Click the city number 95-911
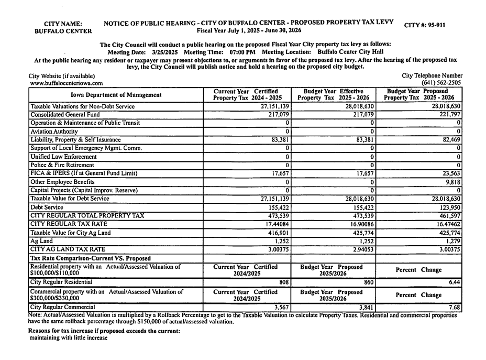point(434,25)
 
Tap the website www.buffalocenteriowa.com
point(66,83)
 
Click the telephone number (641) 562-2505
point(441,83)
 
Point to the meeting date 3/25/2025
point(166,52)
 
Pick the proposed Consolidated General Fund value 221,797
point(450,114)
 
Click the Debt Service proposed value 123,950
point(450,208)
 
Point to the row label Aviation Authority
point(54,132)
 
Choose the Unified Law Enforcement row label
point(63,157)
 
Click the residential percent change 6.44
point(454,282)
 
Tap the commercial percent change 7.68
point(454,307)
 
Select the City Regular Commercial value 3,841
point(365,307)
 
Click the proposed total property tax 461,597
point(450,216)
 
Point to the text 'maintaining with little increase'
point(68,338)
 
